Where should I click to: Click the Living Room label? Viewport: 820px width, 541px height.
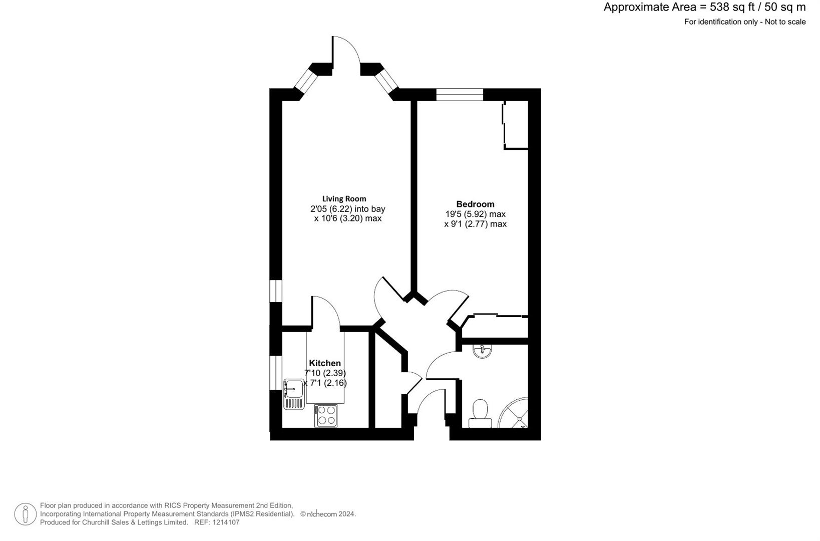[344, 199]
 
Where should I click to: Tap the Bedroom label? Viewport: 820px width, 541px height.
[475, 204]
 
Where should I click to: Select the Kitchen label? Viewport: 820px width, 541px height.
[325, 363]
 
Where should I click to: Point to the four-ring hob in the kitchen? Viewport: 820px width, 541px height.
[326, 416]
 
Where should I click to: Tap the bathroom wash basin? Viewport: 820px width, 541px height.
[482, 350]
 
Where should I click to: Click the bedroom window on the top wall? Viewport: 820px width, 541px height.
[460, 95]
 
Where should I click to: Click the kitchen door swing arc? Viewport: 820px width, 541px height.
[326, 311]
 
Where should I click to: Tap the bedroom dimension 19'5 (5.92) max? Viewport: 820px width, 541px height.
[475, 214]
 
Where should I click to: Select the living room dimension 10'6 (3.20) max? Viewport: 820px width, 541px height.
[347, 218]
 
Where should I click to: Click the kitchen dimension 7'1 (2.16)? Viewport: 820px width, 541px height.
[326, 383]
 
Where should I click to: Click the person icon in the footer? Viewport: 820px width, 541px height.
[25, 514]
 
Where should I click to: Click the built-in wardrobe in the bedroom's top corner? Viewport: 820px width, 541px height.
[516, 125]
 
